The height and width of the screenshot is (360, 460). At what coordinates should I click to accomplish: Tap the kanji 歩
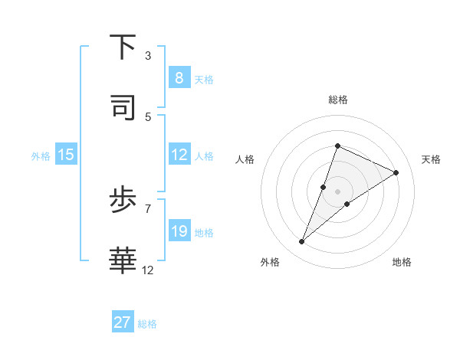click(123, 201)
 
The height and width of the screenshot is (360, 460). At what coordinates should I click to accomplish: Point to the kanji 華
click(123, 260)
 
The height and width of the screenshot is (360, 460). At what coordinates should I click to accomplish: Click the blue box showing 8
click(179, 78)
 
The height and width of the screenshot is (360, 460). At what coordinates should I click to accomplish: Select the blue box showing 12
click(179, 155)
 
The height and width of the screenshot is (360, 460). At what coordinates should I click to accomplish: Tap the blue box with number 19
click(179, 231)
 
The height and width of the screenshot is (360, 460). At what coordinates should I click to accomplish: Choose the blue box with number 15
click(66, 155)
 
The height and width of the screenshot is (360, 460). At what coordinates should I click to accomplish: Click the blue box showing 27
click(123, 322)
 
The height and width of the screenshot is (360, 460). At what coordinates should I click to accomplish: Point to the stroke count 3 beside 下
click(148, 55)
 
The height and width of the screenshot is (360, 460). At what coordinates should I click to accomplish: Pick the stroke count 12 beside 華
click(148, 270)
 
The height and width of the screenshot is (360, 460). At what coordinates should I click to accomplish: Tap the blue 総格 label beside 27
click(147, 324)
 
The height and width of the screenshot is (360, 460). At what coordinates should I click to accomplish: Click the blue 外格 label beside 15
click(41, 156)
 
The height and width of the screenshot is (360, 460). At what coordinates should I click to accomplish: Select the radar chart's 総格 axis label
click(337, 100)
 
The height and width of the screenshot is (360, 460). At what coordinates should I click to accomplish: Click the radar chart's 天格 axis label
click(431, 159)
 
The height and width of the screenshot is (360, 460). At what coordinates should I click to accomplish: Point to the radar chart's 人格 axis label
click(245, 159)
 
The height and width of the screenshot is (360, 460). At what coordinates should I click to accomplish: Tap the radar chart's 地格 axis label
click(402, 262)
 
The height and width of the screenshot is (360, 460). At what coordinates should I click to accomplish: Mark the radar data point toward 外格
click(302, 242)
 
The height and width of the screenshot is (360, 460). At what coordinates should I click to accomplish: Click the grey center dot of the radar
click(337, 191)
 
